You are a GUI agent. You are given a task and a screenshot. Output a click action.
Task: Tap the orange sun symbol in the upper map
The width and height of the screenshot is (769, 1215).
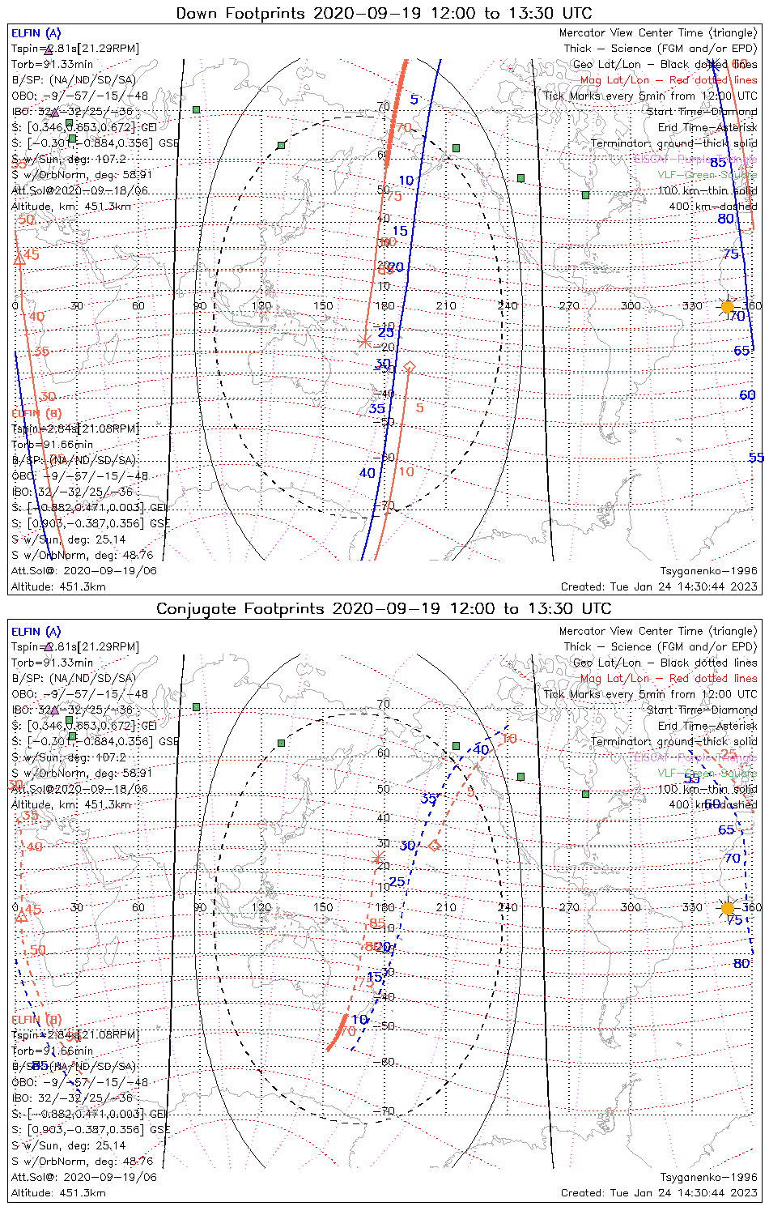(x=727, y=306)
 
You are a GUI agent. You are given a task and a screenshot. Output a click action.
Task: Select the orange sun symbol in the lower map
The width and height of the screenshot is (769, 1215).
(x=727, y=908)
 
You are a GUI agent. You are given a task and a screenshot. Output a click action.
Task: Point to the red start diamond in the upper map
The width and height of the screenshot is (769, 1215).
(x=409, y=368)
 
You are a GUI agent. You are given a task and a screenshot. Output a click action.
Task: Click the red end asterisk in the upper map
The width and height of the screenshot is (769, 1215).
(x=364, y=342)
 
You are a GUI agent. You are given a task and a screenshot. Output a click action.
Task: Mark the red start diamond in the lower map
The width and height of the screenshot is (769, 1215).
(x=434, y=846)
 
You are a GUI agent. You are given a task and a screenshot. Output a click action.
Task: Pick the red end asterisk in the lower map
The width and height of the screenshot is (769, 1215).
(x=376, y=858)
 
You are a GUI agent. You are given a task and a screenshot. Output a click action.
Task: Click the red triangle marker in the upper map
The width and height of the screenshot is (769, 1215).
(x=19, y=258)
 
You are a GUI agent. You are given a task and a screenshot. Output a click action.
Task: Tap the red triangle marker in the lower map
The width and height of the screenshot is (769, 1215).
(x=22, y=915)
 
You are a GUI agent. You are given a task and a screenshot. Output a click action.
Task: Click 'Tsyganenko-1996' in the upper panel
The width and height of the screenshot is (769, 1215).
(x=708, y=571)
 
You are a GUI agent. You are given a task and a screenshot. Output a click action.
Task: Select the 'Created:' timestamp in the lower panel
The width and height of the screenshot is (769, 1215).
(x=659, y=1193)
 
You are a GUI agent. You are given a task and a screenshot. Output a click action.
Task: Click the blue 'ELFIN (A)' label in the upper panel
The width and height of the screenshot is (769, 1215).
(x=36, y=33)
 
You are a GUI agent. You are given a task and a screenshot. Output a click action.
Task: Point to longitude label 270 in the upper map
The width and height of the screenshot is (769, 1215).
(x=569, y=306)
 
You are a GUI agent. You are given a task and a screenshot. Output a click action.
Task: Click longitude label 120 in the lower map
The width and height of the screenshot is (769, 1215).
(x=261, y=908)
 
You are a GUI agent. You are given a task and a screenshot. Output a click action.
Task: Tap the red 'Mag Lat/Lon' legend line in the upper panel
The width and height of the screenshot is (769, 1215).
(x=668, y=80)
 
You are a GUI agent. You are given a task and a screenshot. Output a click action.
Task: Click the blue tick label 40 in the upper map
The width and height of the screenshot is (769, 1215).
(x=368, y=473)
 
